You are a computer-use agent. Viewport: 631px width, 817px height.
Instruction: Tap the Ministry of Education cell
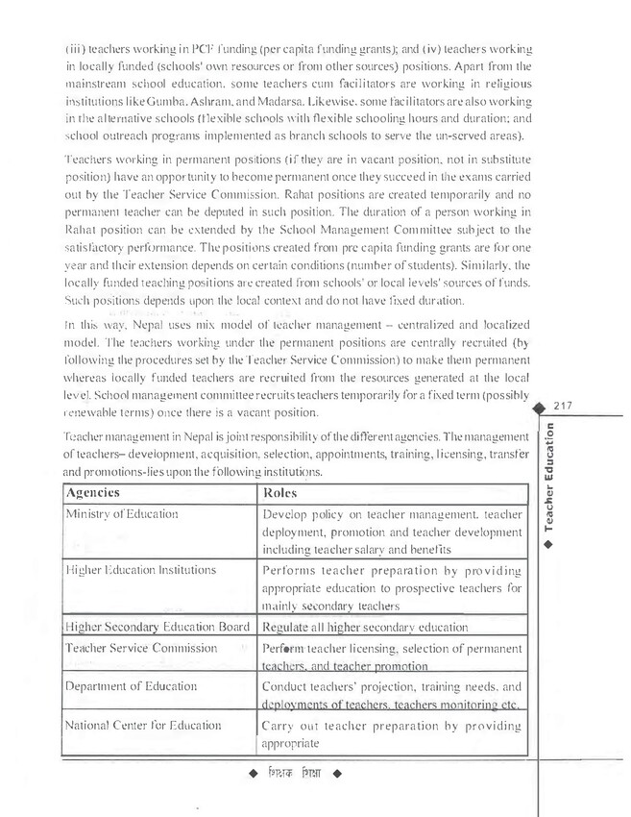click(122, 514)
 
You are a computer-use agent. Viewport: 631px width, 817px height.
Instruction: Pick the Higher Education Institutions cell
click(139, 570)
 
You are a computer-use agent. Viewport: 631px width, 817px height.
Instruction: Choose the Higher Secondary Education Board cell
click(157, 628)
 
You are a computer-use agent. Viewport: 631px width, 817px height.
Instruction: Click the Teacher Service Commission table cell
click(141, 648)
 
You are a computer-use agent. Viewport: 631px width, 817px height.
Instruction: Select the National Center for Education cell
click(143, 726)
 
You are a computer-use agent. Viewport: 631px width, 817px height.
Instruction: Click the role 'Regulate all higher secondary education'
click(365, 628)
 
